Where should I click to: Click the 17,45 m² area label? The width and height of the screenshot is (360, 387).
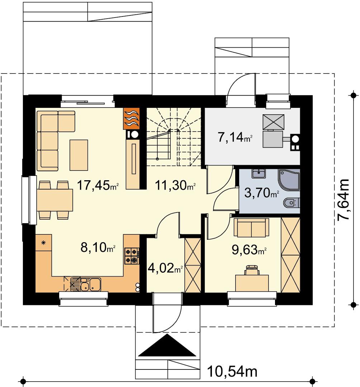point(98,185)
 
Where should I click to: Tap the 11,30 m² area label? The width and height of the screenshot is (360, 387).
point(175,185)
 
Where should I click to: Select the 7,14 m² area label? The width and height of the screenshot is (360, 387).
point(235,137)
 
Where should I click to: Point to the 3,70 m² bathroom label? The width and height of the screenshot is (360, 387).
point(262,193)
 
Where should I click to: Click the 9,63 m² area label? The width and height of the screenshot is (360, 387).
point(249,250)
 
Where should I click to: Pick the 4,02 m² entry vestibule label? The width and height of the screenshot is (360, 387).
point(165,268)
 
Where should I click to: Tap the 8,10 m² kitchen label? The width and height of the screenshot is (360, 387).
point(98,247)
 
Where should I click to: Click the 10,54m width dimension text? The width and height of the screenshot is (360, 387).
point(232,371)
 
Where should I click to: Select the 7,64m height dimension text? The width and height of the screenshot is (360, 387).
point(344,200)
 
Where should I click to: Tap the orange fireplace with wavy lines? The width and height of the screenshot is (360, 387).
point(131,119)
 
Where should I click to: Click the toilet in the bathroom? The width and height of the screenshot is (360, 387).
point(292,203)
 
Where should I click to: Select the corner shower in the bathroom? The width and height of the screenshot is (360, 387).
point(289,180)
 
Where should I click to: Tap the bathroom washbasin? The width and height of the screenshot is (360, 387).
point(259,173)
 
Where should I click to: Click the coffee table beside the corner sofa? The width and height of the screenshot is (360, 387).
point(79,155)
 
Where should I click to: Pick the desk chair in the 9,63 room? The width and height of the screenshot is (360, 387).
point(252,270)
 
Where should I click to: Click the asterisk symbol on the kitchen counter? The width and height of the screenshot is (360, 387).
point(43,243)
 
